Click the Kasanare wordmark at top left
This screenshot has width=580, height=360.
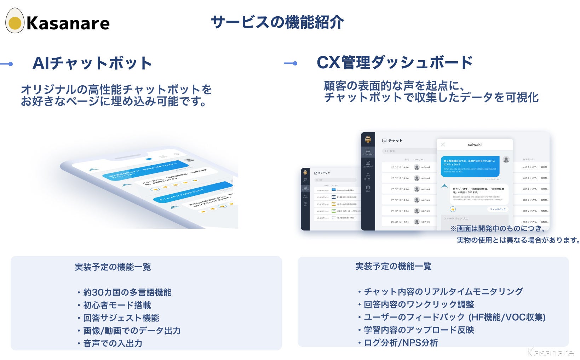coord(68,24)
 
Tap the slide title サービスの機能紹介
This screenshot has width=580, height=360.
coord(277,22)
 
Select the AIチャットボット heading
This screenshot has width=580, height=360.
coord(92,63)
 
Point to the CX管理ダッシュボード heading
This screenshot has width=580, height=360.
coord(395,63)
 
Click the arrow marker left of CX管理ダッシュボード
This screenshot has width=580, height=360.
coord(291,63)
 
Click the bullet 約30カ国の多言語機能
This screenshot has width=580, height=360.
coord(127,292)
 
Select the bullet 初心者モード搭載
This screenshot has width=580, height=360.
coord(117,305)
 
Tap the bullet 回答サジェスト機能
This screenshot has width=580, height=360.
coord(121,318)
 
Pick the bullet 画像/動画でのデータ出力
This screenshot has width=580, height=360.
coord(132,331)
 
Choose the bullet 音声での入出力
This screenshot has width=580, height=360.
coord(113,343)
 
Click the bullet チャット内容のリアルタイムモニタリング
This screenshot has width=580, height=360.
coord(443,292)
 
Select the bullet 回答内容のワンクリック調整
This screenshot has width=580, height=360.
coord(419,304)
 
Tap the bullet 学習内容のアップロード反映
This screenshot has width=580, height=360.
coord(419,330)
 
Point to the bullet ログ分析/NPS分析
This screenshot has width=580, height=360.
coord(401,343)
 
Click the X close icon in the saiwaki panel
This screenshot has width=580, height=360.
coord(443,144)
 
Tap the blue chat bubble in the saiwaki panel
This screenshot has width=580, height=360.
coord(470,166)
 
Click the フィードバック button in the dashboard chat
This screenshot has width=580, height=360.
coord(498,209)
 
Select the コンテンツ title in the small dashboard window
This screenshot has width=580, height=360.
coord(323,173)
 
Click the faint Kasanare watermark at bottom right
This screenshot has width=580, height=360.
coord(550,352)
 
